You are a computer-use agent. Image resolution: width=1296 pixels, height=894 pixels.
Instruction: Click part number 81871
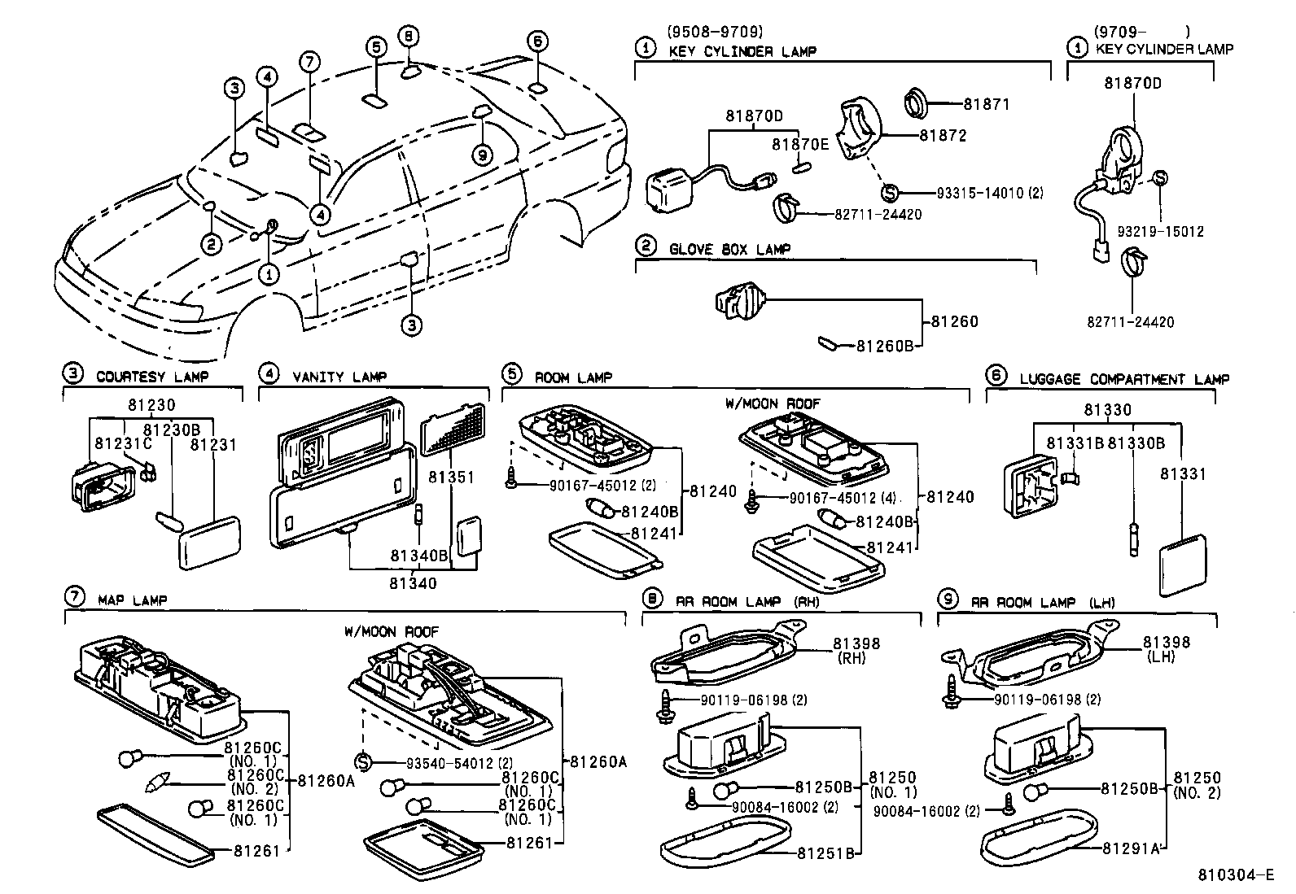coord(986,104)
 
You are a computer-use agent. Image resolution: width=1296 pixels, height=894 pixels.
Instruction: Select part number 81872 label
coord(943,136)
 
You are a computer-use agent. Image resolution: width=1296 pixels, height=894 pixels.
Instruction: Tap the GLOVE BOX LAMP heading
coord(729,249)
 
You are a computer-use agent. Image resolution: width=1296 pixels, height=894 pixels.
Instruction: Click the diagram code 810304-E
coord(1235,876)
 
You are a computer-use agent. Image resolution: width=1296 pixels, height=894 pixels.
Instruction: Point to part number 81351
coord(452,477)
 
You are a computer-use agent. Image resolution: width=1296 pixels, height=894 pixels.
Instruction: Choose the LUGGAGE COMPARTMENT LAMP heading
coord(1123,379)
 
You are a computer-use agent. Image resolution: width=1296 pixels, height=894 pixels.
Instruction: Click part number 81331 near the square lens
coord(1183,473)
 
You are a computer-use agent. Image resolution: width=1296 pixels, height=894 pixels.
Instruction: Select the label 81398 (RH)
coord(856,650)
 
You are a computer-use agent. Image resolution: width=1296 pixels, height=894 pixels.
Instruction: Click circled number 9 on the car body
coord(482,155)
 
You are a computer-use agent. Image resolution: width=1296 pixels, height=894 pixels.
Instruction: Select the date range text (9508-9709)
coord(714,33)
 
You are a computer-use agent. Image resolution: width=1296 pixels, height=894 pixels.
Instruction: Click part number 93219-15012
coord(1160,232)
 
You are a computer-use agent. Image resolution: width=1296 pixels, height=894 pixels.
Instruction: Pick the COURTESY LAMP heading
coord(151,377)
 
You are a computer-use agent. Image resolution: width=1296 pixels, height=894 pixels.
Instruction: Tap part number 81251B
coord(825,853)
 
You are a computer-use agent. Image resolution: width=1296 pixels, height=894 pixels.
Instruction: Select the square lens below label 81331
coord(1182,565)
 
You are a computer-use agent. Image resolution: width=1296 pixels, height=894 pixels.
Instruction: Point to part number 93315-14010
coord(988,193)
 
